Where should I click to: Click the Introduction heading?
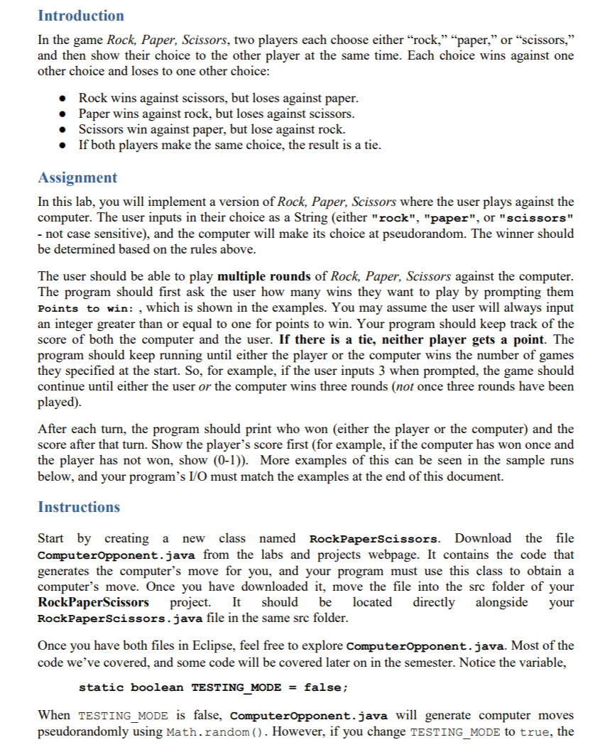pyautogui.click(x=80, y=16)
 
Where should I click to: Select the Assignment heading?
pyautogui.click(x=77, y=178)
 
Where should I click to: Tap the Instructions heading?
pyautogui.click(x=79, y=507)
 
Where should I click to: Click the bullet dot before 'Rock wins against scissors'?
pyautogui.click(x=65, y=98)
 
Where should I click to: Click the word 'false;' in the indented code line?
pyautogui.click(x=326, y=687)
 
